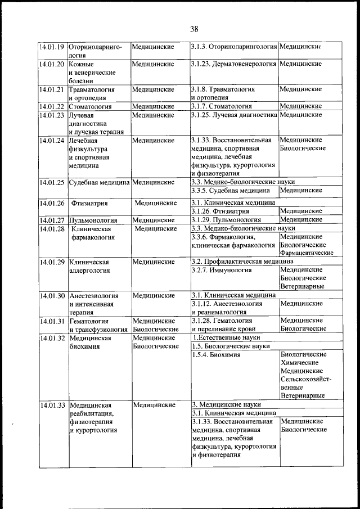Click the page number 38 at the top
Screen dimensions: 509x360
[194, 29]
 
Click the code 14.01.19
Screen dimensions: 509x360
[52, 47]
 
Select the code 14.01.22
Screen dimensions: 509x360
[52, 106]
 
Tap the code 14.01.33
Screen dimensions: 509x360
[52, 405]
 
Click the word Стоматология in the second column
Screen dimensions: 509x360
[90, 106]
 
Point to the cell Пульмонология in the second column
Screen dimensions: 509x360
[93, 220]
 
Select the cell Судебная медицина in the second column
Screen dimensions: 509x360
[99, 182]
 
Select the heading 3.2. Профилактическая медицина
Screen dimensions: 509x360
[242, 262]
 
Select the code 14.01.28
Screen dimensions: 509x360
[52, 229]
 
